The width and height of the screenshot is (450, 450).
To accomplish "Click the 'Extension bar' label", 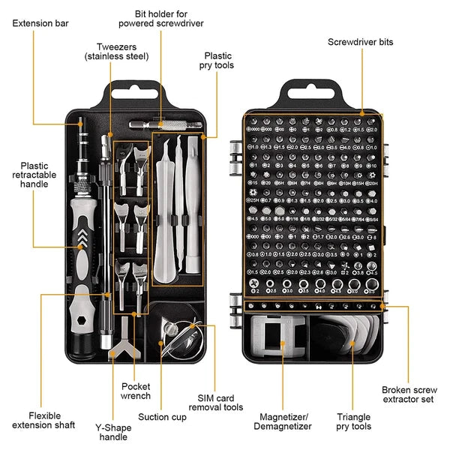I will [40, 24].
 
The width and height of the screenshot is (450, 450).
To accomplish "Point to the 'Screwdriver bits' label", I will [360, 43].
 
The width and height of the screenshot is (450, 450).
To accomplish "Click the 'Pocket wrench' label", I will [136, 391].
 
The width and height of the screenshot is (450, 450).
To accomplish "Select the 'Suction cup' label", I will [163, 417].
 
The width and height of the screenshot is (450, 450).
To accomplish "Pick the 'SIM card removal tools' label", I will [220, 402].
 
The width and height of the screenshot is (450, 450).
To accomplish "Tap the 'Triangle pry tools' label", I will [353, 421].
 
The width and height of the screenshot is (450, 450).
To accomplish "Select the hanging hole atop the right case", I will [311, 97].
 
